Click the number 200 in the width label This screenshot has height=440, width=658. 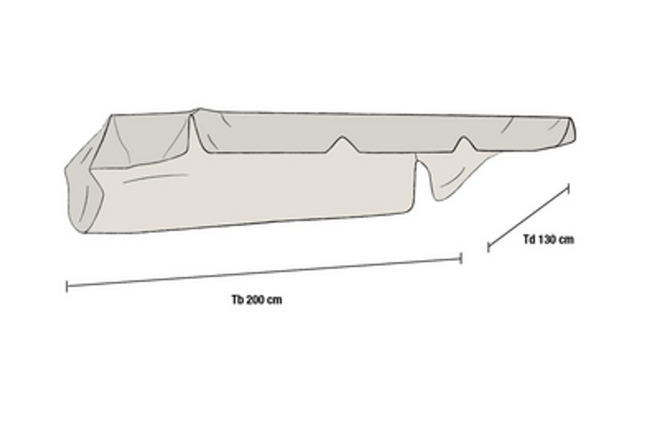pyautogui.click(x=257, y=300)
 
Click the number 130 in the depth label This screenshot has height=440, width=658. pyautogui.click(x=548, y=239)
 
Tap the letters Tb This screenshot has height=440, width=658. pyautogui.click(x=238, y=300)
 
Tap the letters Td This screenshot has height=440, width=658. pyautogui.click(x=529, y=239)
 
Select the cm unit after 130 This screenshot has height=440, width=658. pyautogui.click(x=567, y=240)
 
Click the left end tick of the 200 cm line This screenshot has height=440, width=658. pyautogui.click(x=67, y=286)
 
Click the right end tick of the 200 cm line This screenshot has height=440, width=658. pyautogui.click(x=461, y=258)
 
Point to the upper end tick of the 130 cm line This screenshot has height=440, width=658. pyautogui.click(x=569, y=188)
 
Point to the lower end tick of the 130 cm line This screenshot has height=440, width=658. pyautogui.click(x=488, y=248)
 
